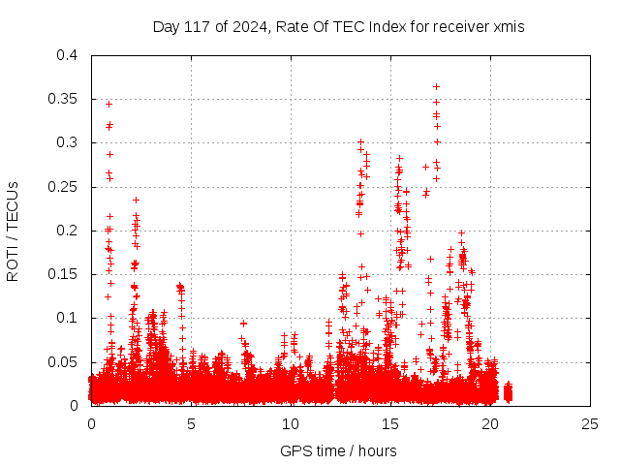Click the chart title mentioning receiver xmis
pyautogui.click(x=339, y=27)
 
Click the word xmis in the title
pyautogui.click(x=509, y=27)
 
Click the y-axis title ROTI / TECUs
pyautogui.click(x=14, y=231)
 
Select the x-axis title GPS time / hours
pyautogui.click(x=338, y=450)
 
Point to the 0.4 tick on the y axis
pyautogui.click(x=67, y=55)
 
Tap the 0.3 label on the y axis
pyautogui.click(x=67, y=142)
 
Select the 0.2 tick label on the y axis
pyautogui.click(x=67, y=231)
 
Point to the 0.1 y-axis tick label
pyautogui.click(x=67, y=318)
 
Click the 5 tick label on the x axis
pyautogui.click(x=192, y=423)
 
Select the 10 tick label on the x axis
pyautogui.click(x=292, y=423)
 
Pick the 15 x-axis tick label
pyautogui.click(x=391, y=423)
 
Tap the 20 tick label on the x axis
pyautogui.click(x=491, y=423)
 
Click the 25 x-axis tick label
pyautogui.click(x=591, y=423)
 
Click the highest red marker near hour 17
pyautogui.click(x=436, y=86)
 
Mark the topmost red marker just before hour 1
pyautogui.click(x=109, y=104)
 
